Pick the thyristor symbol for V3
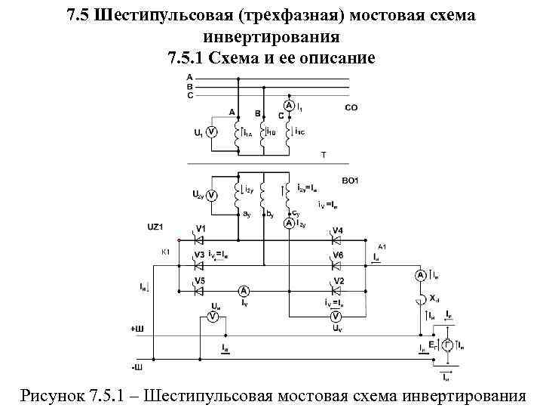(x=200, y=265)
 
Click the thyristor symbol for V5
(x=200, y=291)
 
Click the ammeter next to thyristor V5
(x=244, y=291)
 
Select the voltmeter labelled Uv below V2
(x=334, y=317)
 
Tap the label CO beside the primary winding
(x=351, y=108)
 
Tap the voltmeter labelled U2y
(x=212, y=195)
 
